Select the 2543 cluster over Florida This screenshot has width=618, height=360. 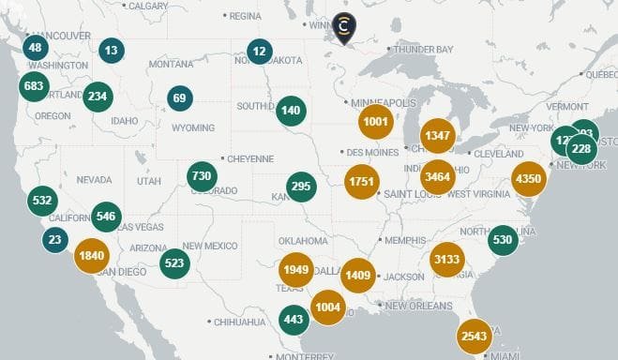pyautogui.click(x=474, y=336)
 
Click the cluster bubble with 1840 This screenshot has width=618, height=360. pyautogui.click(x=92, y=256)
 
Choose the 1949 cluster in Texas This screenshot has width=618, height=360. pyautogui.click(x=295, y=270)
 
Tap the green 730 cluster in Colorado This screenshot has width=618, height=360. pyautogui.click(x=202, y=175)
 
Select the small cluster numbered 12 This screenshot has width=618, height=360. pyautogui.click(x=260, y=52)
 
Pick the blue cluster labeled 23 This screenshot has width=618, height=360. pyautogui.click(x=54, y=240)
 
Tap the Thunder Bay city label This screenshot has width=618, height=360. pyautogui.click(x=424, y=49)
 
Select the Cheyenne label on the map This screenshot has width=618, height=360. pyautogui.click(x=249, y=158)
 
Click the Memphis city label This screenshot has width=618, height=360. pyautogui.click(x=404, y=240)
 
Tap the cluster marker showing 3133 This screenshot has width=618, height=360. pyautogui.click(x=446, y=260)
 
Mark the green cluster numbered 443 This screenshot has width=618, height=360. pyautogui.click(x=294, y=319)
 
